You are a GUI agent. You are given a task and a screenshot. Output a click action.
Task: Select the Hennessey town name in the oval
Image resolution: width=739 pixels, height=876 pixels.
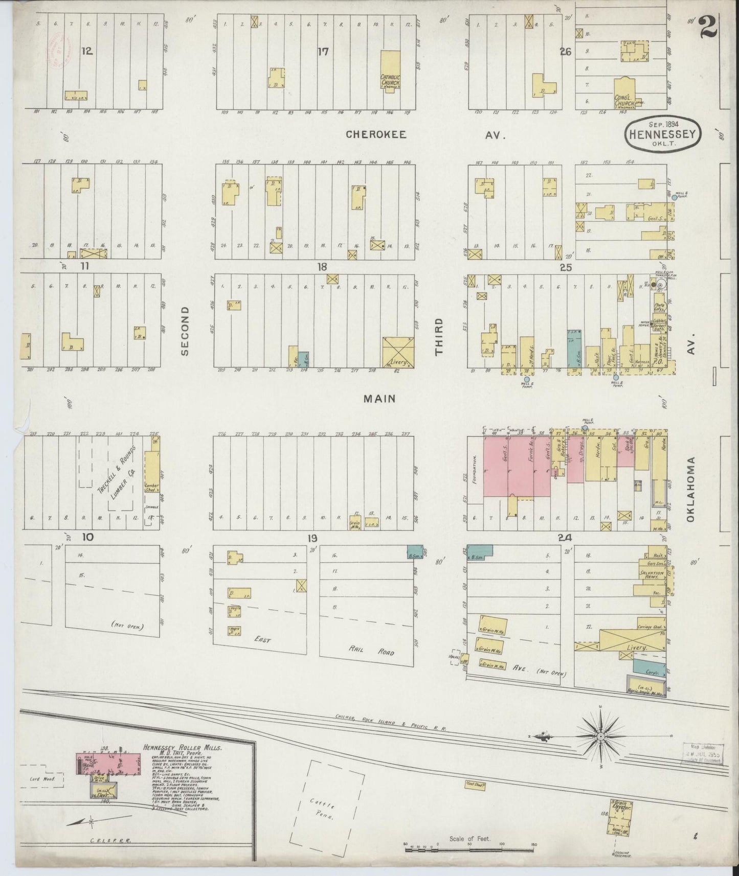click(x=662, y=134)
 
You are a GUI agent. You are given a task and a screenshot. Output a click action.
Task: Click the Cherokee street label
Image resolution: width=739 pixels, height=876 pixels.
click(x=376, y=134)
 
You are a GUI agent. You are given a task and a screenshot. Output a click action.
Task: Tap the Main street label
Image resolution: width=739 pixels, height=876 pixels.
click(x=379, y=399)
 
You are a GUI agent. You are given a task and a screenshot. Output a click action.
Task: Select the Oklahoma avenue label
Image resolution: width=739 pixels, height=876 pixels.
click(x=691, y=489)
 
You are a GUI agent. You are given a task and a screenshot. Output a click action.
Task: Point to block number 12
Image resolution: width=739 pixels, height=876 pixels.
click(x=87, y=51)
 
